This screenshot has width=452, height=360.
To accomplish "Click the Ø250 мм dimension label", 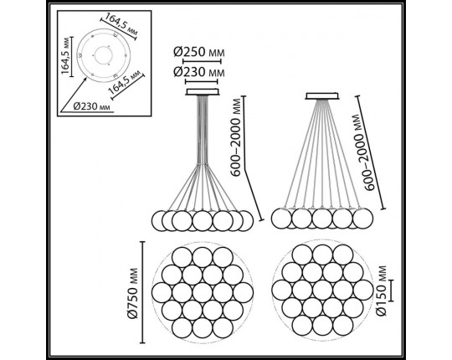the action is point(199,52).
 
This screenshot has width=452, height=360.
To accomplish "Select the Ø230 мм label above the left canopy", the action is point(199,72).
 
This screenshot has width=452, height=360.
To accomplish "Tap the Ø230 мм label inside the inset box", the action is point(92,106).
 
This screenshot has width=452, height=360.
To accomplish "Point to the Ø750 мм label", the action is point(132,293).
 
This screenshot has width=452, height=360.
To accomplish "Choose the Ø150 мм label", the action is point(382,291).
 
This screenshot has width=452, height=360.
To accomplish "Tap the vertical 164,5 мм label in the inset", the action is point(66,55).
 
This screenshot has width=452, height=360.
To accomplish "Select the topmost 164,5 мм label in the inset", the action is point(121,24).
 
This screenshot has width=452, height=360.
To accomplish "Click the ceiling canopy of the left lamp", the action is point(203,91).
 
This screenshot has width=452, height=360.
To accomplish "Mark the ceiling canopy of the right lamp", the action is point(322,96).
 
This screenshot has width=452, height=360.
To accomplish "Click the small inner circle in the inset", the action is point(103,54).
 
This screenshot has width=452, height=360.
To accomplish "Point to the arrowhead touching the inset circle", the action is point(85,80).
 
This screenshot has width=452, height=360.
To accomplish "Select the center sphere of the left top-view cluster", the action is point(203,292).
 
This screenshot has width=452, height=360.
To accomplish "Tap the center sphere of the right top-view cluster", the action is point(322,290).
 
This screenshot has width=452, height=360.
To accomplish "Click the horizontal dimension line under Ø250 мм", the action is point(202,61).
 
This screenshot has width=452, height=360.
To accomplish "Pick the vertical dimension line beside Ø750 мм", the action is point(142,292).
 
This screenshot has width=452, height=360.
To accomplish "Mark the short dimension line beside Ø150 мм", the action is point(391,291).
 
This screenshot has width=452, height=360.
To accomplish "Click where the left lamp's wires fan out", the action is point(203,164).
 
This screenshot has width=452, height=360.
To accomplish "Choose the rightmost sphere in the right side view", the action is point(363,219).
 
